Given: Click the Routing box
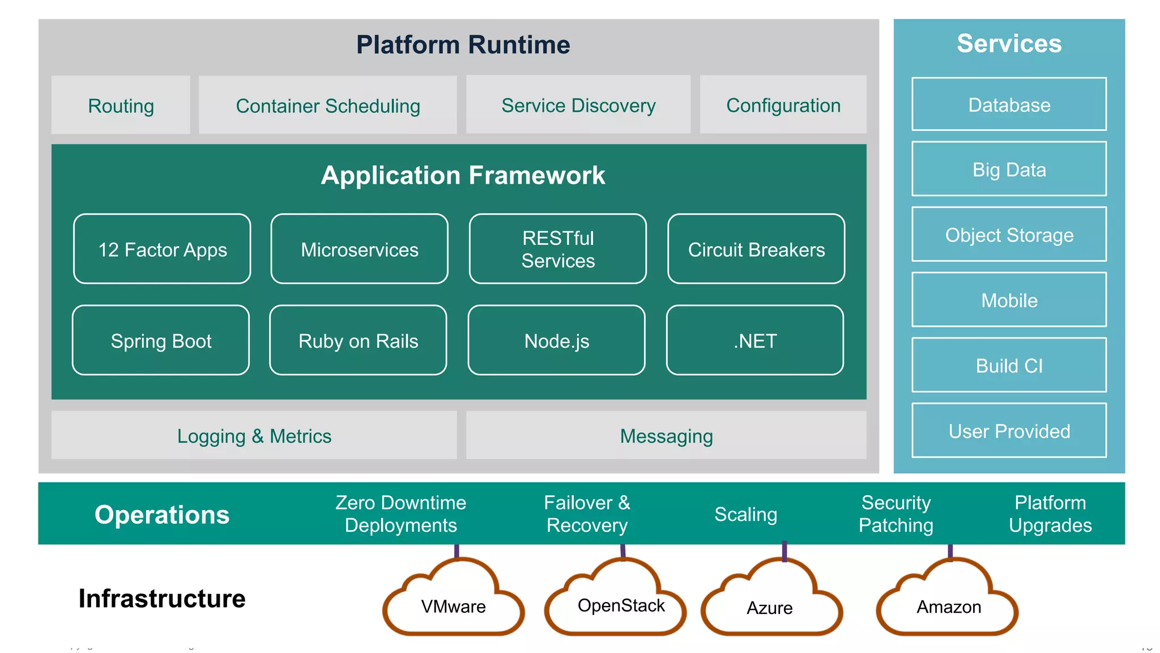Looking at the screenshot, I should click(121, 105).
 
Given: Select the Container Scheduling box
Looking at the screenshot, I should click(327, 105).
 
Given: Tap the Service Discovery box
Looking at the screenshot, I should click(578, 105).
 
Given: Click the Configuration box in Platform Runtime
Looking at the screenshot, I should click(783, 105).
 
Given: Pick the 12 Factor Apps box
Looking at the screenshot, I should click(162, 249).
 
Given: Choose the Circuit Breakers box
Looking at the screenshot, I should click(756, 249).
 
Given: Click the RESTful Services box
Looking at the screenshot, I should click(557, 249).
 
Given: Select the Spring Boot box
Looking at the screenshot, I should click(161, 340).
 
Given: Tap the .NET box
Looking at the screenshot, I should click(754, 340).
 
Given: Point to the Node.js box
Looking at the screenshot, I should click(556, 340).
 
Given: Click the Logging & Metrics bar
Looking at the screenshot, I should click(254, 435).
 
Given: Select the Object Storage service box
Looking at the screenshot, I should click(1009, 234).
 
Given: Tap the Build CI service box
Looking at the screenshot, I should click(1009, 365).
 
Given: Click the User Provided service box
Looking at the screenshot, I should click(1009, 430).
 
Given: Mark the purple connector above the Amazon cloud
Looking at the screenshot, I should click(950, 552).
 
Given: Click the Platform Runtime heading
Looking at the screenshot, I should click(463, 44).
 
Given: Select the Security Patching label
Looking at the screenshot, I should click(895, 514).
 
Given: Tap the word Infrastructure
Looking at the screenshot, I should click(162, 598).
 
